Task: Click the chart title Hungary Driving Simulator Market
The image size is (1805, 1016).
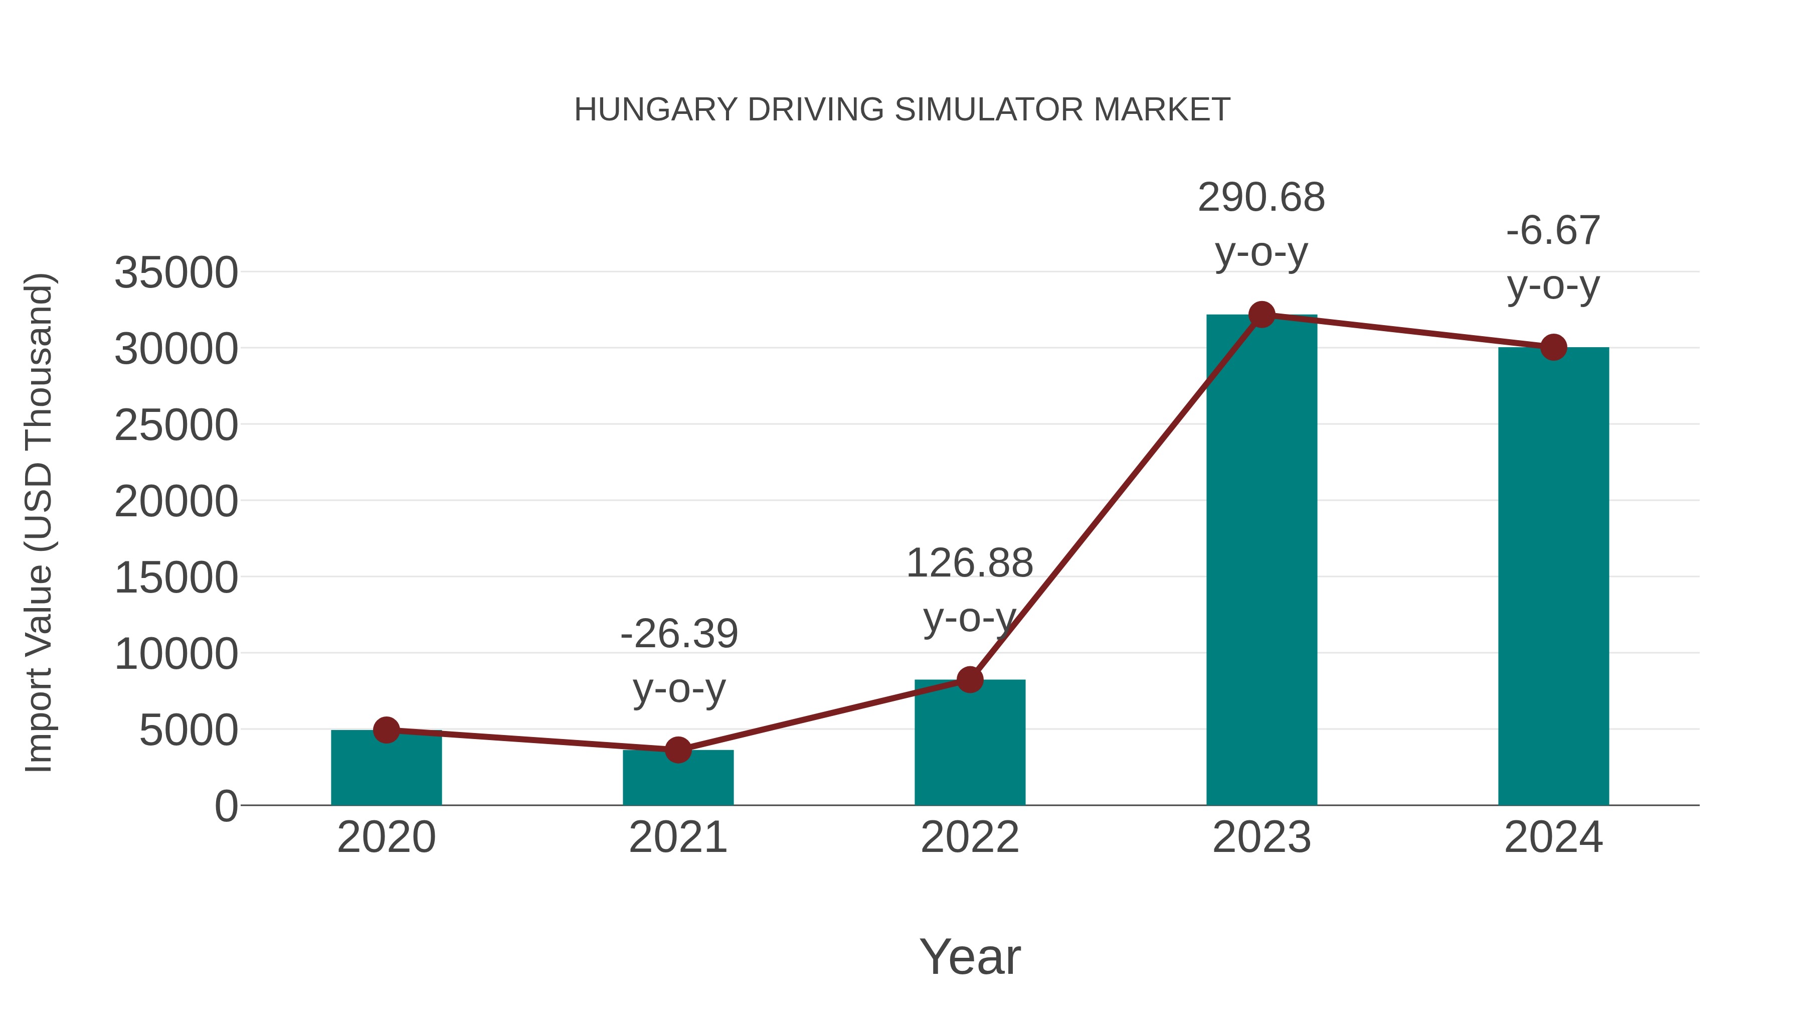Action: (902, 110)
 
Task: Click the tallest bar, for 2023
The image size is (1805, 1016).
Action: (1261, 561)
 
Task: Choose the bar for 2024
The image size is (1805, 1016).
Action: (1553, 575)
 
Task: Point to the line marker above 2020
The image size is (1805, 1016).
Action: (386, 730)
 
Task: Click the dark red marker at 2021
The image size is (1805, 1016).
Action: (677, 750)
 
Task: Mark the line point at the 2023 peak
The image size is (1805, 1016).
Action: (1261, 315)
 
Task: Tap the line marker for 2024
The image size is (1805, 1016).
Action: (1553, 347)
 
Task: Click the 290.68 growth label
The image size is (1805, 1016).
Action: (1261, 198)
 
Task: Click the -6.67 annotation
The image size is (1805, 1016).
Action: (1553, 231)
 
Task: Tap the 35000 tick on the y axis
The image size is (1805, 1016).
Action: (176, 273)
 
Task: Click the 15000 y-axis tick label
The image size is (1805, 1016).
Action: (176, 578)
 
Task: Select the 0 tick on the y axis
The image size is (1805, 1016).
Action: (226, 806)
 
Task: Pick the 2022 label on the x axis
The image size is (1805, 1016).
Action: (970, 837)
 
